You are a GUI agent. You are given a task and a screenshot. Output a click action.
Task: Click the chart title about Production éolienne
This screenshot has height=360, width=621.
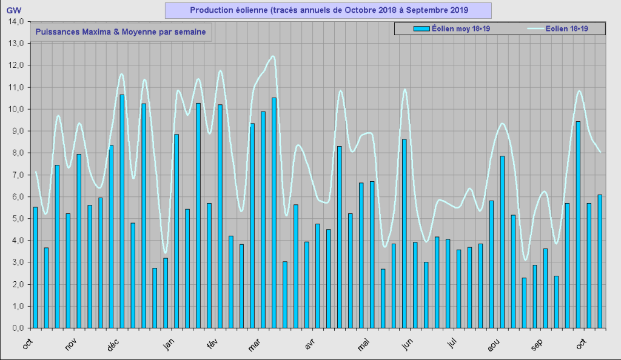(328, 10)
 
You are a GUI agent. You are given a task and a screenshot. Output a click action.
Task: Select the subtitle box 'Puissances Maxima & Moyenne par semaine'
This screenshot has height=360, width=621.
(120, 32)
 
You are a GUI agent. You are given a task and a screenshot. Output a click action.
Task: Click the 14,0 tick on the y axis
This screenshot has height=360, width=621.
(15, 22)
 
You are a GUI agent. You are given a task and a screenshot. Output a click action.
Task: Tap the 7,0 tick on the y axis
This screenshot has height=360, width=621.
(15, 175)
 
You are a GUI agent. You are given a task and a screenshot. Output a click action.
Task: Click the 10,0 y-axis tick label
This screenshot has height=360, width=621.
(15, 109)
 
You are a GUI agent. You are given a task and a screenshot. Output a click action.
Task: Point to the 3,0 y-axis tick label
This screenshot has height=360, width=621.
(15, 262)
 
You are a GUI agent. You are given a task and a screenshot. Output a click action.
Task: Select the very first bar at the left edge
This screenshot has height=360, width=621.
(35, 267)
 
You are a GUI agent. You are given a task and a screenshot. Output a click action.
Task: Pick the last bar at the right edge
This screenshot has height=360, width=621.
(600, 261)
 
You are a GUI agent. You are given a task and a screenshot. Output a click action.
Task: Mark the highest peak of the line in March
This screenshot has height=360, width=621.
(272, 56)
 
